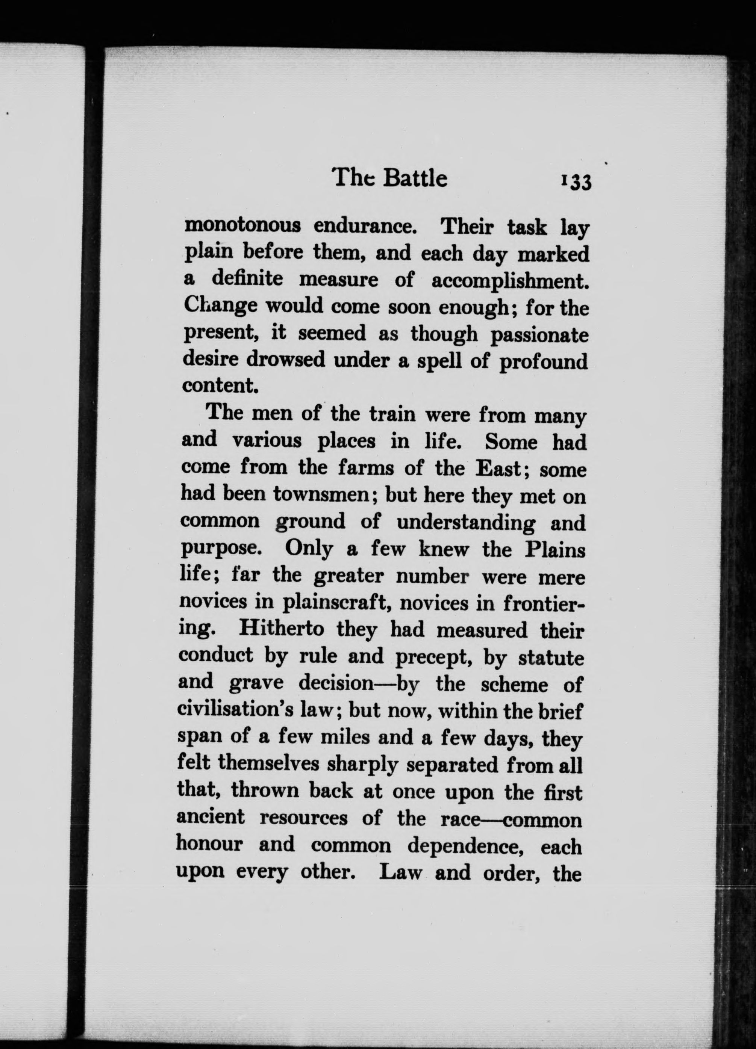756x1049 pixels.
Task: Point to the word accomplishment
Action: pos(510,280)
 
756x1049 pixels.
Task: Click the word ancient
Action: pos(211,816)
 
